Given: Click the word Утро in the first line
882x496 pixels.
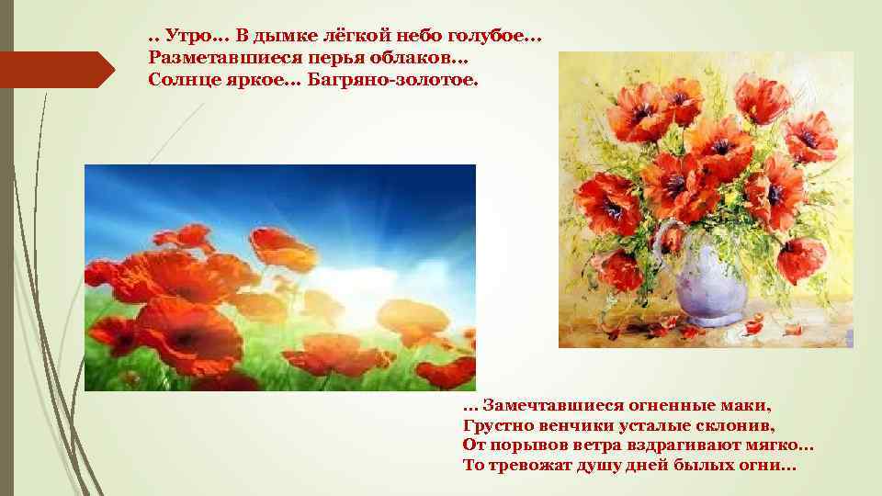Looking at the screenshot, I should point(186,38).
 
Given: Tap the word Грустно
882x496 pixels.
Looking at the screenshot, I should point(501,425).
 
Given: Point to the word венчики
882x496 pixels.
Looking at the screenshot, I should point(581,425).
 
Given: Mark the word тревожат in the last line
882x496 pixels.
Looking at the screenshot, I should point(537,467).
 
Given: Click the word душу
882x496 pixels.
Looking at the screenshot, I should point(614,467).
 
